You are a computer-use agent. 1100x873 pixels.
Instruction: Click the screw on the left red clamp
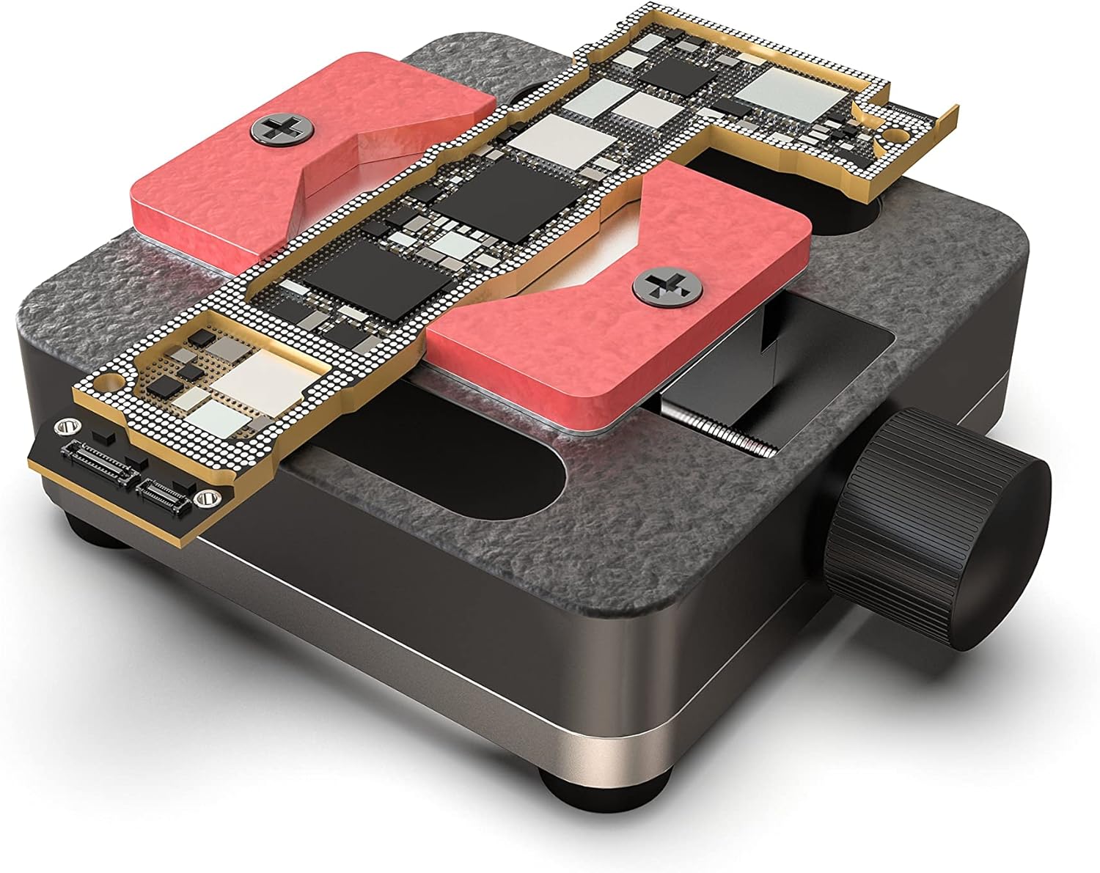pos(282,129)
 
